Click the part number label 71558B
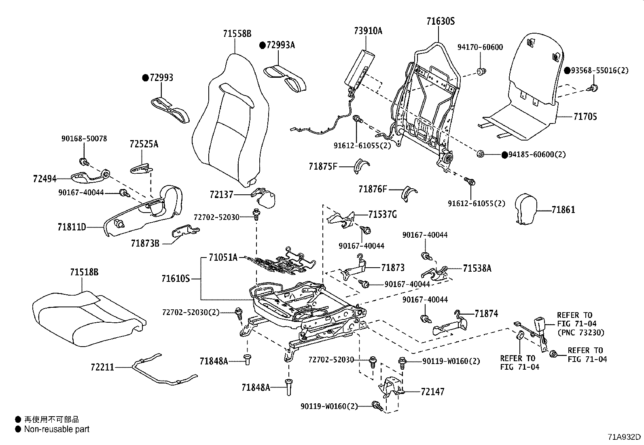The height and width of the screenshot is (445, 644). click(x=237, y=34)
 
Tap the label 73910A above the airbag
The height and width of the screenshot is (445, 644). click(x=368, y=31)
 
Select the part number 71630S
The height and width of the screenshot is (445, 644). click(x=441, y=21)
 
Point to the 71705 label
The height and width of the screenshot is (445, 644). click(x=585, y=117)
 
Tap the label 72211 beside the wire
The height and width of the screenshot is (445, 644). click(x=102, y=367)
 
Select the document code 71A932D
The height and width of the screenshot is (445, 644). click(x=624, y=437)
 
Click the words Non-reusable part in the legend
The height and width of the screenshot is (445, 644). click(x=57, y=429)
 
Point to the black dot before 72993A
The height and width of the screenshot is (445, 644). click(x=263, y=45)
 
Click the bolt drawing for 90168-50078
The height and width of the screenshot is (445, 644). click(x=84, y=162)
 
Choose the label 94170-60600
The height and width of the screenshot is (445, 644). click(x=480, y=47)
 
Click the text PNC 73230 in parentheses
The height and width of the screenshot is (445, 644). click(x=581, y=333)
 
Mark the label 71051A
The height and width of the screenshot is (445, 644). click(x=223, y=258)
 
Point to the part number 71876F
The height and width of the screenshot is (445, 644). click(x=373, y=189)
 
